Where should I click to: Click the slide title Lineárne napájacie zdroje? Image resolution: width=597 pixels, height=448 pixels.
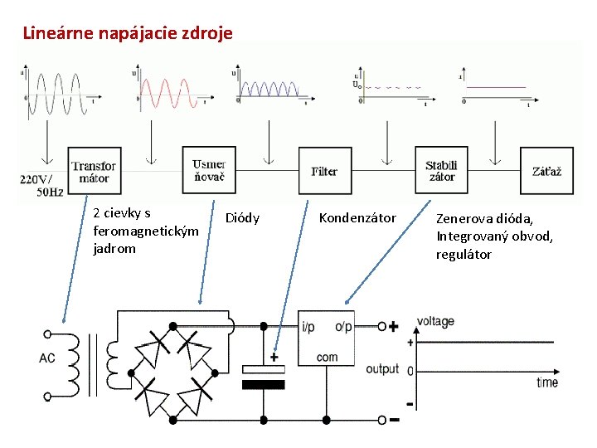click(x=128, y=34)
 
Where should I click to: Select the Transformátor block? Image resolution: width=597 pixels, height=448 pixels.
click(x=94, y=172)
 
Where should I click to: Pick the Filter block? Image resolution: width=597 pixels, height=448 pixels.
click(x=324, y=172)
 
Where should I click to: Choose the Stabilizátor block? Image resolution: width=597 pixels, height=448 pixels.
click(x=440, y=171)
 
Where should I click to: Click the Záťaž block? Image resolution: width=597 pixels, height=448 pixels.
click(x=546, y=171)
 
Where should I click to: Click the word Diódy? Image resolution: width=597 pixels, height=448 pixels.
click(x=242, y=218)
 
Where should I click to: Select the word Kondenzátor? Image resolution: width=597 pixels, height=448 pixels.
click(x=357, y=218)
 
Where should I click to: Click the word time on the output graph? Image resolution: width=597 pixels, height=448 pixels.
click(x=546, y=382)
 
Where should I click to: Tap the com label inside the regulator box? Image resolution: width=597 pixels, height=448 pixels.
click(x=328, y=358)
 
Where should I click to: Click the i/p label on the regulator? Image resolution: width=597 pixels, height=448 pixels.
click(x=308, y=327)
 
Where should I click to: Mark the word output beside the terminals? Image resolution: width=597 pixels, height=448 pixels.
click(x=382, y=368)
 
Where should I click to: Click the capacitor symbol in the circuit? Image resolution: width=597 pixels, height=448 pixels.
click(x=263, y=376)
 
